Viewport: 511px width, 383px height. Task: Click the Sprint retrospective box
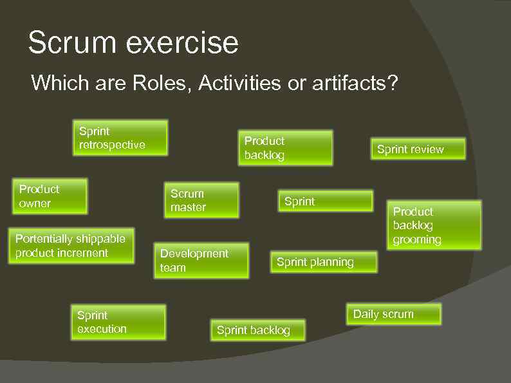[120, 138]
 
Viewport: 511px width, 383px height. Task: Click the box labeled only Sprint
[326, 201]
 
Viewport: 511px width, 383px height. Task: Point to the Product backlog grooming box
[436, 225]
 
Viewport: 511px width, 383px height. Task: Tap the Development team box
[201, 261]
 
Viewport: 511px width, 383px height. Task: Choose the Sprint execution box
[118, 322]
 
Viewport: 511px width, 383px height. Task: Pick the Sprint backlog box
[258, 330]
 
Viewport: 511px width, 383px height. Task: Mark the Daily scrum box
[393, 314]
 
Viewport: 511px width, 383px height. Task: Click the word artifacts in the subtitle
[351, 83]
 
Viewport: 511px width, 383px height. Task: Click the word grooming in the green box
[417, 240]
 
